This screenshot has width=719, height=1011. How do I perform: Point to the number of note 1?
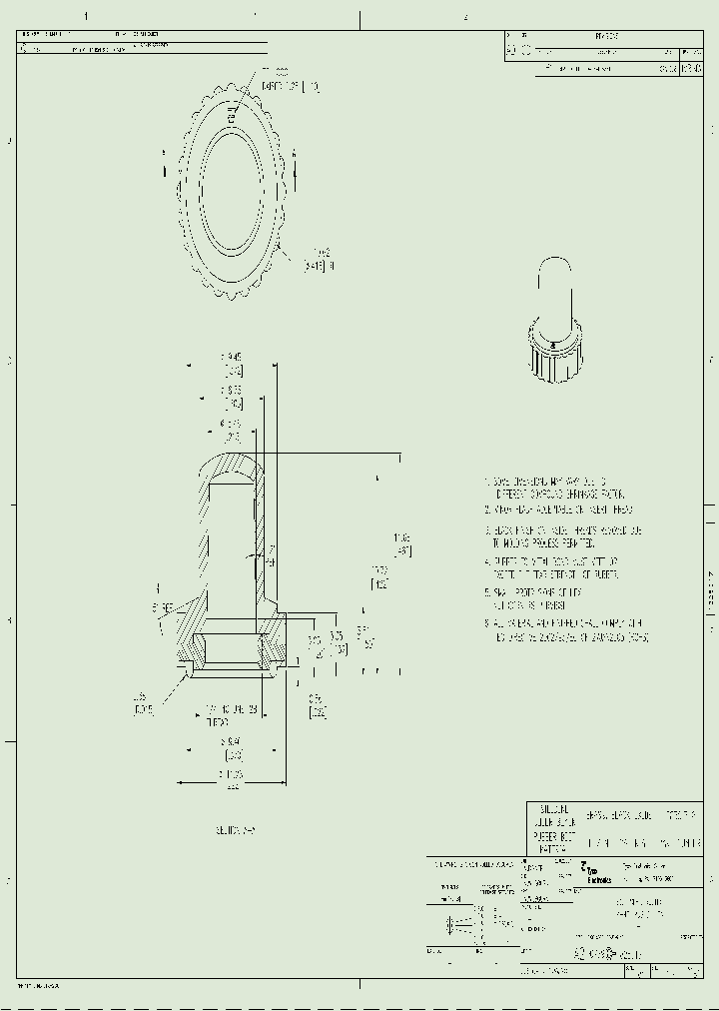point(487,482)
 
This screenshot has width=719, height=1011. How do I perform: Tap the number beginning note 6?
point(487,622)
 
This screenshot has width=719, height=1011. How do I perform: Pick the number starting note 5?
point(487,592)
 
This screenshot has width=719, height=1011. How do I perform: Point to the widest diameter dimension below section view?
point(232,780)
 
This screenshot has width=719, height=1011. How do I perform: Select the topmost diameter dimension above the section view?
point(232,363)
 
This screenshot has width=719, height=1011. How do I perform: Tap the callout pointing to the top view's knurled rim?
point(321,260)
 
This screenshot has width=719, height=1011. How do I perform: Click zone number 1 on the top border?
point(86,16)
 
